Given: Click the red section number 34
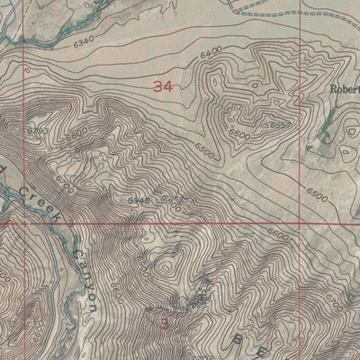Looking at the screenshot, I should click(163, 87).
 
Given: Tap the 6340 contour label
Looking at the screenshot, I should click(85, 42).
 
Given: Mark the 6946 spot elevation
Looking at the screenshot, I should click(138, 200).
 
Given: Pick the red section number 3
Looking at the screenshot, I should click(164, 320).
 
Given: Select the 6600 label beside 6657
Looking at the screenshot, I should click(238, 134).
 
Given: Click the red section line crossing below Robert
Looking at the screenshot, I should click(300, 224).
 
